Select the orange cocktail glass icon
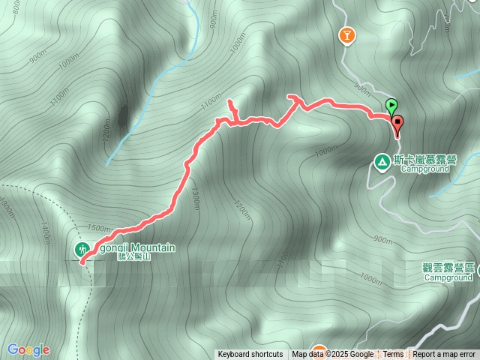(346, 34)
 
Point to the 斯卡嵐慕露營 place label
(425, 159)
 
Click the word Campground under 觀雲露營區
(448, 277)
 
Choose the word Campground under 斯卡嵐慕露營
(424, 169)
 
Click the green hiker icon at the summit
(82, 248)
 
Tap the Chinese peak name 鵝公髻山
(135, 257)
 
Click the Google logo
(28, 349)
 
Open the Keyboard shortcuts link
(250, 355)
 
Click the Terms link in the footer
(393, 355)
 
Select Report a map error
(445, 355)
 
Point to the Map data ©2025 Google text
(332, 355)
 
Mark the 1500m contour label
(99, 227)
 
